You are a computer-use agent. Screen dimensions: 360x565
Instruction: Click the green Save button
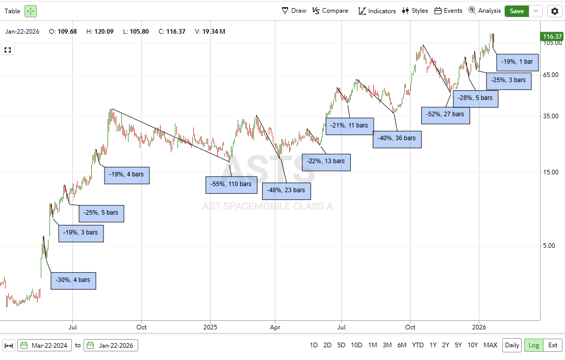coord(517,11)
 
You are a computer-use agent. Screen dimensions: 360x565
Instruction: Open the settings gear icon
coord(554,11)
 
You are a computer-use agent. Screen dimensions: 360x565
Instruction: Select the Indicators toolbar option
coord(377,11)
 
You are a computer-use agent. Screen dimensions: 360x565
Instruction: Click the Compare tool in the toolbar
coord(330,11)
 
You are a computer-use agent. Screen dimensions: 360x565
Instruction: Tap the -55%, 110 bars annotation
coord(231,184)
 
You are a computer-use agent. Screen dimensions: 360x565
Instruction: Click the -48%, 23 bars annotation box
coord(286,190)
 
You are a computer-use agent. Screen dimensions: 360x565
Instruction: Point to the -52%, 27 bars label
coord(445,114)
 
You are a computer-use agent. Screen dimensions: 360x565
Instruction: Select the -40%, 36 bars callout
coord(397,138)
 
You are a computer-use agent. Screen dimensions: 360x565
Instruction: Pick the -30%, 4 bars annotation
coord(73,280)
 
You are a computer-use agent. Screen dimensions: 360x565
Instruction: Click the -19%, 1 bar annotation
coord(517,62)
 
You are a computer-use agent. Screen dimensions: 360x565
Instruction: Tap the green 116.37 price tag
coord(552,37)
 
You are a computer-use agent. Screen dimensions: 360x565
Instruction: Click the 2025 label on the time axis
coord(210,326)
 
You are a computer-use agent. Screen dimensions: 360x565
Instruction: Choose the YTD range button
coord(418,345)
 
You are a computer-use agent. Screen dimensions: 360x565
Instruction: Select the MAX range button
coord(490,345)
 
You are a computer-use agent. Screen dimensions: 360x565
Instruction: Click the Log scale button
coord(533,345)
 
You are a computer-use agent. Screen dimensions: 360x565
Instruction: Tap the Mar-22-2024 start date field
coord(44,345)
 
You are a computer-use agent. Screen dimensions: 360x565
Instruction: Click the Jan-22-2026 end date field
coord(111,345)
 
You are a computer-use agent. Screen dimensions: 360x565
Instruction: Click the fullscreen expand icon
coord(8,50)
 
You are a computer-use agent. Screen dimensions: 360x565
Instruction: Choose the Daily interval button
coord(512,345)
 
